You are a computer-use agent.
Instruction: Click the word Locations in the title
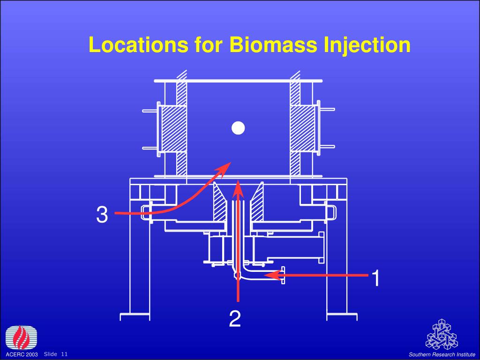[x=138, y=45]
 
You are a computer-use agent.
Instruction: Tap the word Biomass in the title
[x=273, y=45]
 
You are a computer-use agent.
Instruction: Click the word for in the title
[x=208, y=45]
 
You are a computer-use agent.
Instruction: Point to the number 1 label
[x=376, y=278]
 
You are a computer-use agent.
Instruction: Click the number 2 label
[x=235, y=318]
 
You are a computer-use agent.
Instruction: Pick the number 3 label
[x=102, y=214]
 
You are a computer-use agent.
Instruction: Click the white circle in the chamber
[x=238, y=128]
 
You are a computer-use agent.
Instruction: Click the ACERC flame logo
[x=22, y=337]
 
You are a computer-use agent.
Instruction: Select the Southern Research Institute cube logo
[x=442, y=335]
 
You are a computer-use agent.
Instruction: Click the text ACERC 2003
[x=22, y=354]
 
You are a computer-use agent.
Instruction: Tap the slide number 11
[x=64, y=354]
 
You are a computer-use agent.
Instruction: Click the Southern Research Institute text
[x=442, y=354]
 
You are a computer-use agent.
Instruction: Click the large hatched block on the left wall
[x=173, y=128]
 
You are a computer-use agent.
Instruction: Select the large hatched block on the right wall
[x=302, y=128]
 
